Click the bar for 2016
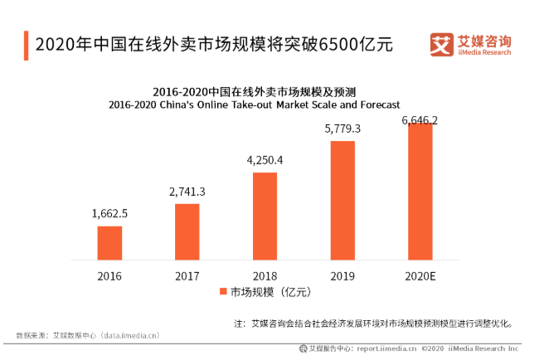pyautogui.click(x=109, y=242)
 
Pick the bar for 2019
pyautogui.click(x=343, y=200)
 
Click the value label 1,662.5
pyautogui.click(x=109, y=214)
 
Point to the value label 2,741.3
pyautogui.click(x=187, y=192)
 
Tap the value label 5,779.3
pyautogui.click(x=343, y=129)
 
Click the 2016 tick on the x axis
pyautogui.click(x=109, y=275)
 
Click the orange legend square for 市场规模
pyautogui.click(x=223, y=292)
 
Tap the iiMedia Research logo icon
pyautogui.click(x=441, y=44)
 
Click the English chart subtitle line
pyautogui.click(x=265, y=105)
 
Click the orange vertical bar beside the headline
pyautogui.click(x=27, y=44)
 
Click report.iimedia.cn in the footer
pyautogui.click(x=386, y=349)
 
